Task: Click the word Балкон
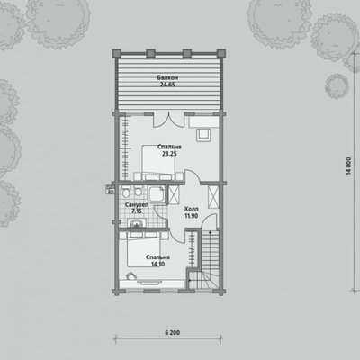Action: pos(167,77)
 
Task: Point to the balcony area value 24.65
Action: pos(167,85)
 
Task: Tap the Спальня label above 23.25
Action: pos(170,147)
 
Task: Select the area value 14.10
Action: pos(158,265)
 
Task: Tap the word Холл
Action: pos(191,209)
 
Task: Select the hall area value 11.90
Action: pos(191,216)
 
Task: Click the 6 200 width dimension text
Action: pos(173,332)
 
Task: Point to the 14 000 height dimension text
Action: pos(348,166)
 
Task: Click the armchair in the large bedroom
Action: pos(204,135)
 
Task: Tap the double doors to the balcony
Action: pos(167,120)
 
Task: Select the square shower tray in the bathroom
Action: pos(157,194)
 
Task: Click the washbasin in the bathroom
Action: pos(137,223)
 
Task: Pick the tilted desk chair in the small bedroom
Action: pos(130,275)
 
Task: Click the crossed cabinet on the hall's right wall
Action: pos(213,197)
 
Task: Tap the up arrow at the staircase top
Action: pos(210,234)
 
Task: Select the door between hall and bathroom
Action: pos(160,213)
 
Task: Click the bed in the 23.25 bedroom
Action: pos(157,163)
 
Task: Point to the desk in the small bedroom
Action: pos(152,284)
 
